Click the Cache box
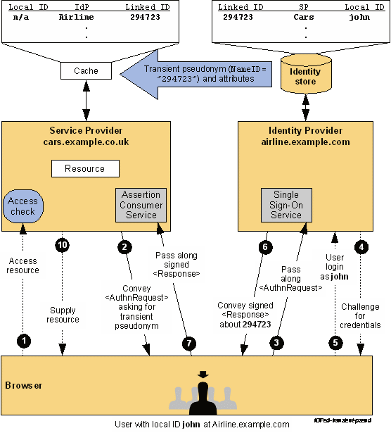(x=86, y=70)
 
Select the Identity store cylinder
(x=306, y=74)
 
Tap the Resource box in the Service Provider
(x=85, y=168)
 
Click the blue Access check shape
(x=23, y=206)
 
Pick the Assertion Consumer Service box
(x=141, y=205)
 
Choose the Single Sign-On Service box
(x=286, y=205)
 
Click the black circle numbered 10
(x=63, y=245)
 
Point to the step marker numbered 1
(x=24, y=341)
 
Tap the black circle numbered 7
(x=189, y=344)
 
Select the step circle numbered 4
(x=361, y=247)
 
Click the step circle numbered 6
(x=266, y=247)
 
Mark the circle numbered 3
(x=276, y=343)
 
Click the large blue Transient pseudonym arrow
(x=195, y=74)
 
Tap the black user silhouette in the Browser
(x=203, y=396)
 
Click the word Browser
(x=24, y=385)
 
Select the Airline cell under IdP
(x=77, y=17)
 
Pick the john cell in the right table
(x=359, y=17)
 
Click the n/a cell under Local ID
(x=21, y=18)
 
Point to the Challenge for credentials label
(x=360, y=316)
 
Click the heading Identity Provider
(x=305, y=130)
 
